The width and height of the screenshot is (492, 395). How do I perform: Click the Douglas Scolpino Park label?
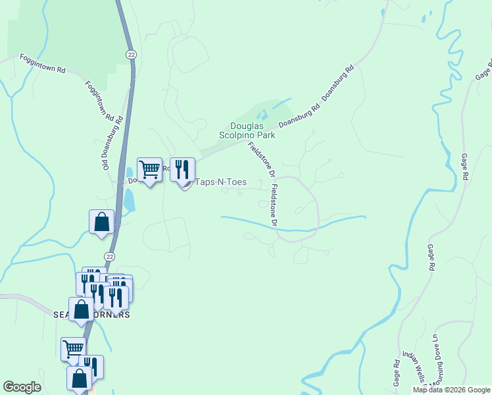tap(247, 130)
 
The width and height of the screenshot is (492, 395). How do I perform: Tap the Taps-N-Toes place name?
tap(219, 184)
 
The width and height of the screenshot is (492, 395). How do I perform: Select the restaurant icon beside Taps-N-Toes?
tap(182, 170)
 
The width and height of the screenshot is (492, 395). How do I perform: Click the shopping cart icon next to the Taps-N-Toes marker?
tap(149, 170)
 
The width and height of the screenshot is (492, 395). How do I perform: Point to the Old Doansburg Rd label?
tap(112, 141)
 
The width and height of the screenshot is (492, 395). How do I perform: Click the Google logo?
tap(22, 387)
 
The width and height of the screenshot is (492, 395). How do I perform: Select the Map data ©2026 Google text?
tap(451, 390)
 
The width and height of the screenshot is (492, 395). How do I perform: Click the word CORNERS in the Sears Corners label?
tap(112, 315)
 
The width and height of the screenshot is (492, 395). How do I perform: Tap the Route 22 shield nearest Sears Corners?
tap(109, 256)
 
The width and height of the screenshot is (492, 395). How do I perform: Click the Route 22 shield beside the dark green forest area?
tap(132, 55)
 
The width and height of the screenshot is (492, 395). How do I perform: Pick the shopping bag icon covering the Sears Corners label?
tap(81, 309)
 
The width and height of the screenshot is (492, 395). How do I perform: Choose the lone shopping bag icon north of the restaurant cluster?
tap(102, 222)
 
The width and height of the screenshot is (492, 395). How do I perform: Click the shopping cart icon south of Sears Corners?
tap(73, 349)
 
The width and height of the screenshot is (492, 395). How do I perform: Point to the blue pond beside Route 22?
tap(129, 200)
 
